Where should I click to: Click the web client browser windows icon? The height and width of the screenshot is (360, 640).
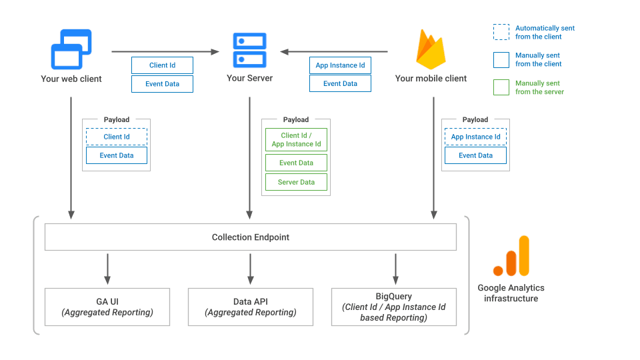71,49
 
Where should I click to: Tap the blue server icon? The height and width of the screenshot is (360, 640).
249,49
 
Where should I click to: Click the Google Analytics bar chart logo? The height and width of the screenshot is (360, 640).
511,256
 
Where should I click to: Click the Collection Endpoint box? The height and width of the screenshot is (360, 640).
250,237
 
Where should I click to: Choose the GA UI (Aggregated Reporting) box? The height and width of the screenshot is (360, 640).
107,307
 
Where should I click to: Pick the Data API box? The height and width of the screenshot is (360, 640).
251,307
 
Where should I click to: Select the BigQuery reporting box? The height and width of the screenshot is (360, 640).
393,307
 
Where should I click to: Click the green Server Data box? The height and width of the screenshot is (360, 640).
297,182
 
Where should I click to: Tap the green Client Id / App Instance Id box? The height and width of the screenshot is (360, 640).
297,140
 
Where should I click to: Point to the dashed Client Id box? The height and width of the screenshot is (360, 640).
117,137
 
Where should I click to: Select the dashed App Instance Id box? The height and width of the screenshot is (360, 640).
475,137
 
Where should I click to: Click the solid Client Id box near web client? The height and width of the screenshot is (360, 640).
162,65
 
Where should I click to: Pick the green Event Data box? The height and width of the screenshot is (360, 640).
297,163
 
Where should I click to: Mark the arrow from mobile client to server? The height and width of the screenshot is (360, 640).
333,51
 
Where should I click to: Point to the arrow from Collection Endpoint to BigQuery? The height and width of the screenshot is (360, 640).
395,268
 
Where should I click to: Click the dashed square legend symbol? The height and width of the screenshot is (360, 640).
501,33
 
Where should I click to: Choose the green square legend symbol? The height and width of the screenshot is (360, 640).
501,87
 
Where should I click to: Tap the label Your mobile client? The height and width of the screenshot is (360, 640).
431,79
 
